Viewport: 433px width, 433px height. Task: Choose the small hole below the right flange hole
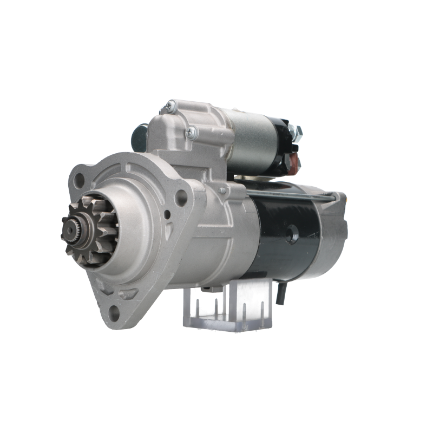tap(168, 216)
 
